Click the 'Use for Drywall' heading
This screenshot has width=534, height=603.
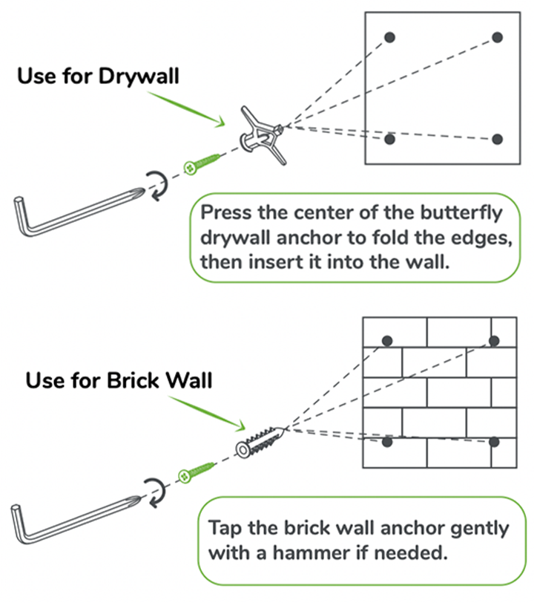click(x=98, y=76)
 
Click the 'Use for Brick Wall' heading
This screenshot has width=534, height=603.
click(x=119, y=381)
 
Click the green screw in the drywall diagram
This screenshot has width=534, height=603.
click(x=202, y=163)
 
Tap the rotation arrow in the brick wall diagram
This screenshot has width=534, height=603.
click(x=153, y=491)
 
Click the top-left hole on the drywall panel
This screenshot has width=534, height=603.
click(x=390, y=37)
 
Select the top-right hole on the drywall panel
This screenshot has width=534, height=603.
click(x=497, y=37)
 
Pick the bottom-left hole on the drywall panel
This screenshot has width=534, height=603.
click(x=390, y=139)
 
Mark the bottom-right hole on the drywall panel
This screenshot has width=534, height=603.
click(x=497, y=139)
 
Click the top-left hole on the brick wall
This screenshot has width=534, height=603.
click(x=386, y=341)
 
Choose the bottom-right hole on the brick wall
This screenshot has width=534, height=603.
click(x=495, y=442)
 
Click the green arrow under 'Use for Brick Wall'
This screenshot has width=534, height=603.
click(x=211, y=414)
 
